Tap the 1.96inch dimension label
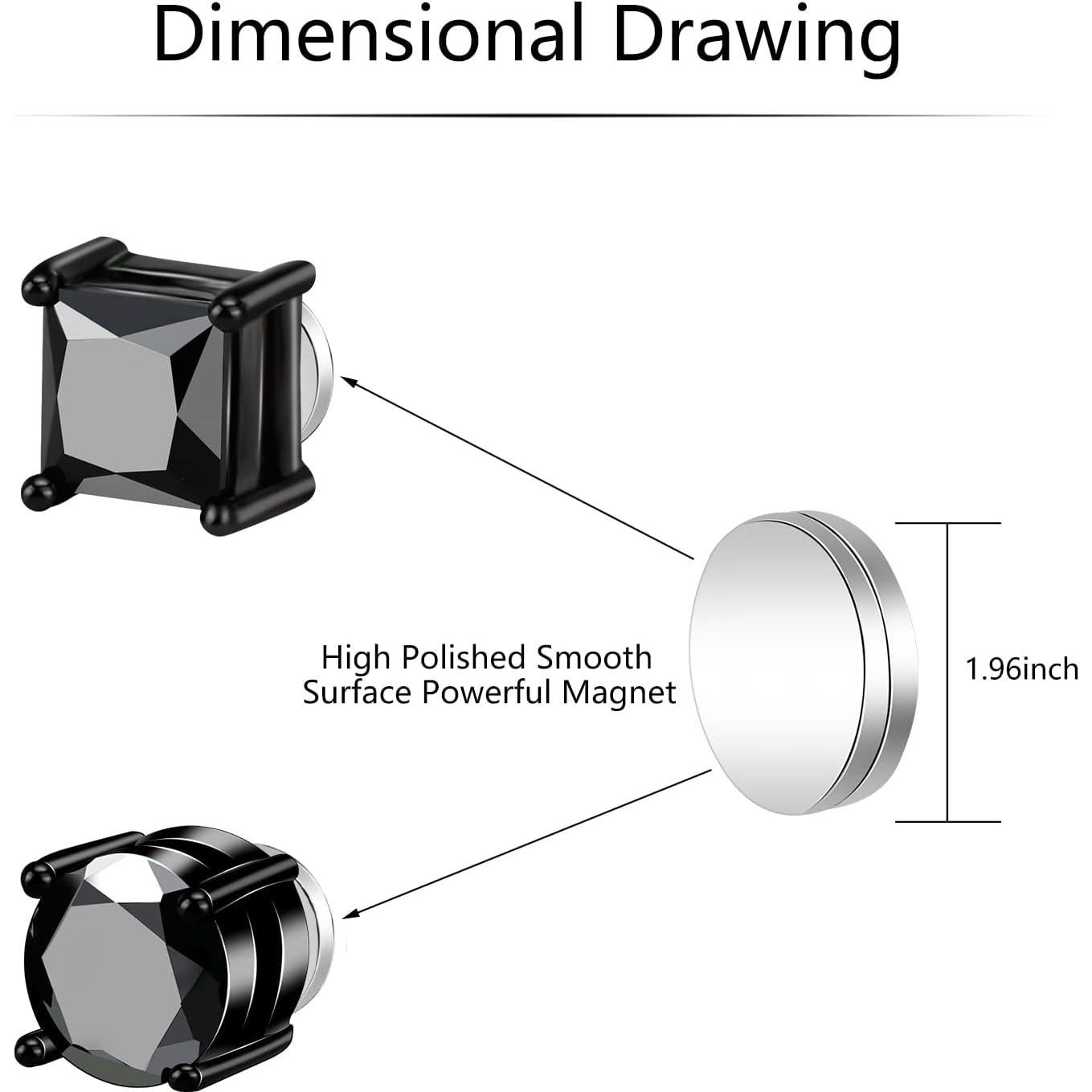click(x=1021, y=669)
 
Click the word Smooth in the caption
click(x=595, y=657)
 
